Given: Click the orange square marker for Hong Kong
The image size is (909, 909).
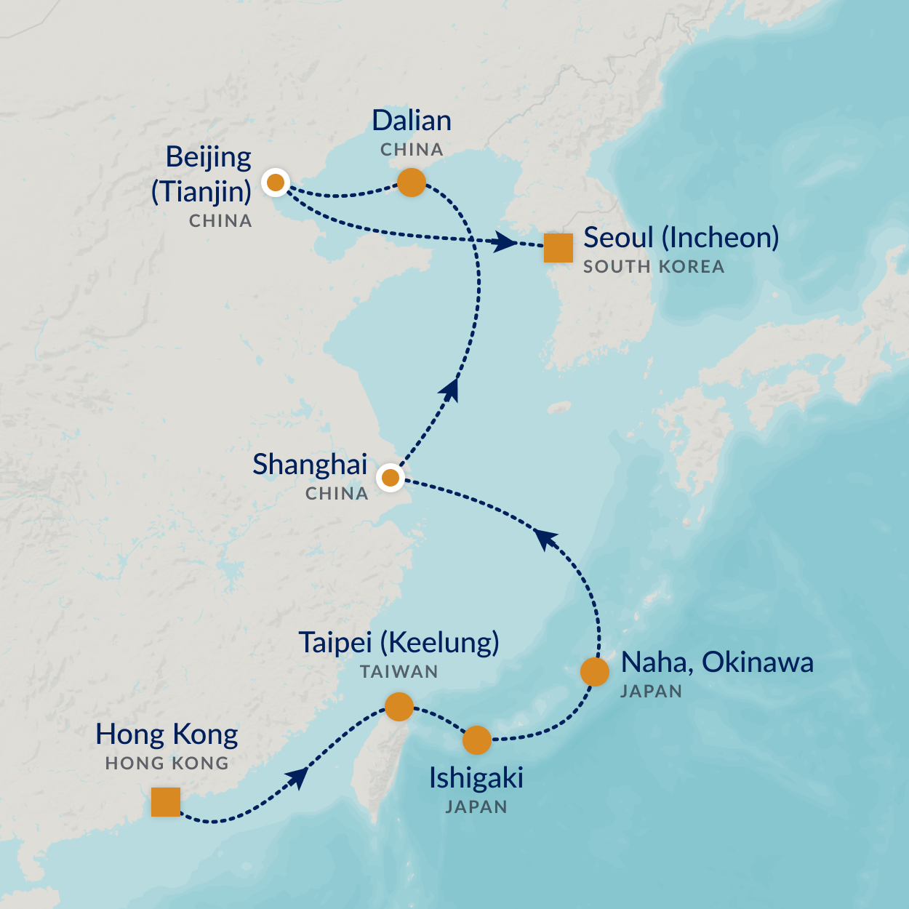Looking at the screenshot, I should [166, 802].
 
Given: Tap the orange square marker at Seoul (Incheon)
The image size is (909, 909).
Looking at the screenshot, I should [558, 248].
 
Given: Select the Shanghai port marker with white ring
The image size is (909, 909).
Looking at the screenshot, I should [391, 478].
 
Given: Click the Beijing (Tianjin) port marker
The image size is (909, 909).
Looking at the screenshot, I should [276, 183].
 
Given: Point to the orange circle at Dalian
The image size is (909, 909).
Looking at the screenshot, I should [411, 182].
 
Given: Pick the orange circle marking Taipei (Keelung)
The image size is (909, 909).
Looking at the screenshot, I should [399, 706].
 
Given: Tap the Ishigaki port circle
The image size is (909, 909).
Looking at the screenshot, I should [477, 740].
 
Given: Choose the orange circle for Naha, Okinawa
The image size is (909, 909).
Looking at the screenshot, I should [595, 672].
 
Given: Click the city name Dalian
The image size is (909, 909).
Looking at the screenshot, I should [412, 121].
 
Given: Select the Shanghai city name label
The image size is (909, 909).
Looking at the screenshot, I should [310, 465].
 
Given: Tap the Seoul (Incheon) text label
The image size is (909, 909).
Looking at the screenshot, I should [681, 238].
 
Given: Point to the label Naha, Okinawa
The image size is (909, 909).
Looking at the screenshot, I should [717, 662].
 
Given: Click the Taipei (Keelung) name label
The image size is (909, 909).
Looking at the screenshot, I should [399, 643].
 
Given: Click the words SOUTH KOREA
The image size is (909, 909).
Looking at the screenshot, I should [654, 267].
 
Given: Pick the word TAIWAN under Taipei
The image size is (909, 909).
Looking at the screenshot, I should [399, 672].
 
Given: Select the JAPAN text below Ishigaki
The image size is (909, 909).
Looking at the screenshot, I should [476, 807].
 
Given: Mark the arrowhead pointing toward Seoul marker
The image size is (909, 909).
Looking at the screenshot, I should [504, 242].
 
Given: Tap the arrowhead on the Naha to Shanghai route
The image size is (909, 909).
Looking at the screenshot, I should [545, 539].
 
